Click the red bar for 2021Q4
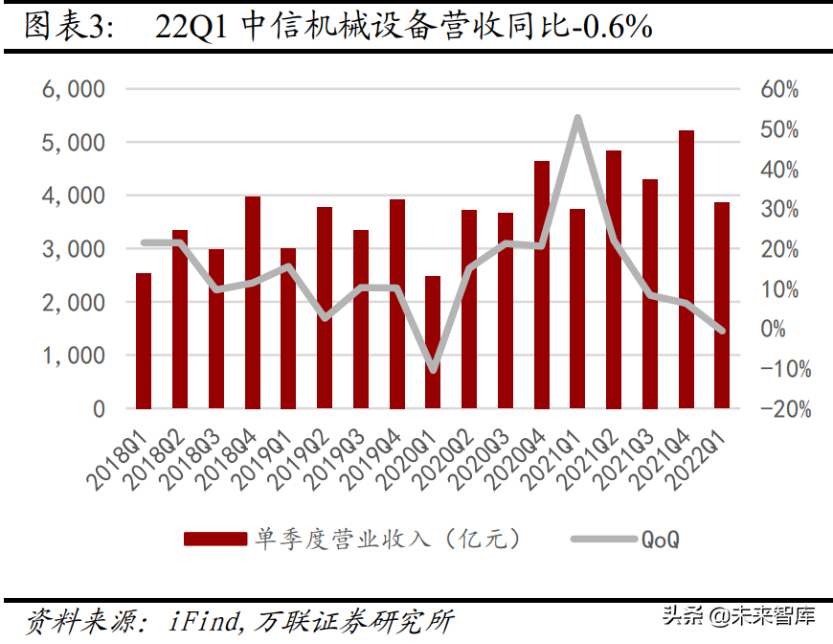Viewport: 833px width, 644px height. (x=687, y=269)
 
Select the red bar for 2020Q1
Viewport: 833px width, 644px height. (x=433, y=342)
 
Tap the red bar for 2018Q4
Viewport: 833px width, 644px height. (x=253, y=303)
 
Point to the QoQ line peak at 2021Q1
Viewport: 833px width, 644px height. (x=577, y=118)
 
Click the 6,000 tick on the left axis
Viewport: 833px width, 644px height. (x=74, y=89)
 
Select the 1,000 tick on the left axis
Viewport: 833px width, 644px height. (x=74, y=356)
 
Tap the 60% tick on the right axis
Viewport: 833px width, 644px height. (x=780, y=89)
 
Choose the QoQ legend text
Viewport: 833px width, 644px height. (x=660, y=540)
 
